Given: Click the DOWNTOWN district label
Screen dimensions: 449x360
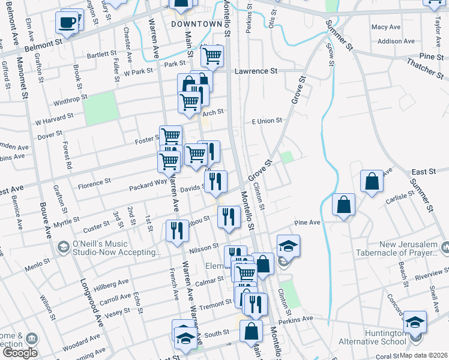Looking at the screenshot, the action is click(x=196, y=24).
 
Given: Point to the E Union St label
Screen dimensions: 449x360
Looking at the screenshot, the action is click(x=267, y=121).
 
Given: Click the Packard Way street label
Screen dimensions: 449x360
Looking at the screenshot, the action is click(x=148, y=187).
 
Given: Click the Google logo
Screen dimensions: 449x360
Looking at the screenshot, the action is click(x=20, y=353).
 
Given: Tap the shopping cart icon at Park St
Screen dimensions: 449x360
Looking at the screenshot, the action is click(x=212, y=56).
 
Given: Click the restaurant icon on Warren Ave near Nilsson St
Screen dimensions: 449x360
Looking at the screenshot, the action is click(x=176, y=231).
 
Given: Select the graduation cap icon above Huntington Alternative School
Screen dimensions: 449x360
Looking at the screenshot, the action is click(x=415, y=322).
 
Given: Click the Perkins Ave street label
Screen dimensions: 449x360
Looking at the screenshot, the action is click(x=299, y=319).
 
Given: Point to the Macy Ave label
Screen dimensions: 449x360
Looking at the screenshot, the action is click(x=385, y=27).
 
